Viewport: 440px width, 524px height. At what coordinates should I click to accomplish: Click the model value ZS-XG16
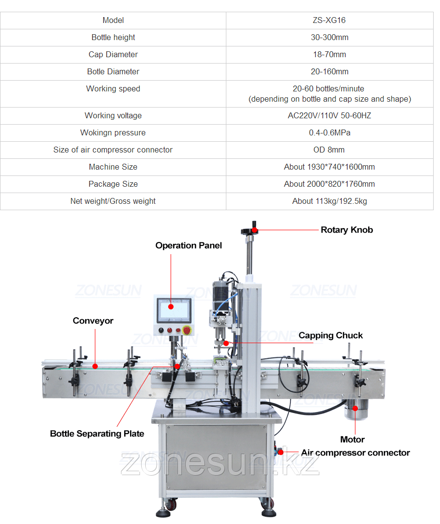point(330,20)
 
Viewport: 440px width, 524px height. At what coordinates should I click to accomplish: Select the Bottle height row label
point(113,37)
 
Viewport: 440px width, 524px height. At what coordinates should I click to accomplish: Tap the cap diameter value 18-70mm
point(330,54)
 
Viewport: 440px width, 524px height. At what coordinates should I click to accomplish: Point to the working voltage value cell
point(330,115)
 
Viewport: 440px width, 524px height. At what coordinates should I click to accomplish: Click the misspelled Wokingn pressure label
point(113,132)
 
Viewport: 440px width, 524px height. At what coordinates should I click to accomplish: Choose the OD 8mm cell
point(330,150)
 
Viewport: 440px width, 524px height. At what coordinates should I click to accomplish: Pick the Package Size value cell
point(330,184)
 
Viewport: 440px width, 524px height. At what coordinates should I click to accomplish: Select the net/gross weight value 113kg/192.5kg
point(330,201)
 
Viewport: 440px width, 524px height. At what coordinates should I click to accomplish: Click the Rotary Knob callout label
point(347,230)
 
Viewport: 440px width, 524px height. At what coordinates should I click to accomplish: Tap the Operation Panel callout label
point(188,245)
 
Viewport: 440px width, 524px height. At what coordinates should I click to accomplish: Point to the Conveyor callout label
point(93,321)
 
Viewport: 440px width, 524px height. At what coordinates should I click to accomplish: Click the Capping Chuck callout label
point(330,335)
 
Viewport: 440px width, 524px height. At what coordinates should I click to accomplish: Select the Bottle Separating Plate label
point(97,434)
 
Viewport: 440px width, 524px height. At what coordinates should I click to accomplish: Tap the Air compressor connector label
point(355,453)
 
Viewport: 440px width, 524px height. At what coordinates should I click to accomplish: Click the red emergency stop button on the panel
point(187,330)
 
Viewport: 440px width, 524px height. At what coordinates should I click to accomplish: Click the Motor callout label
point(352,439)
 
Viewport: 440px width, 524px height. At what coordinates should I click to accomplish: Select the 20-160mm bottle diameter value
point(330,71)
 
